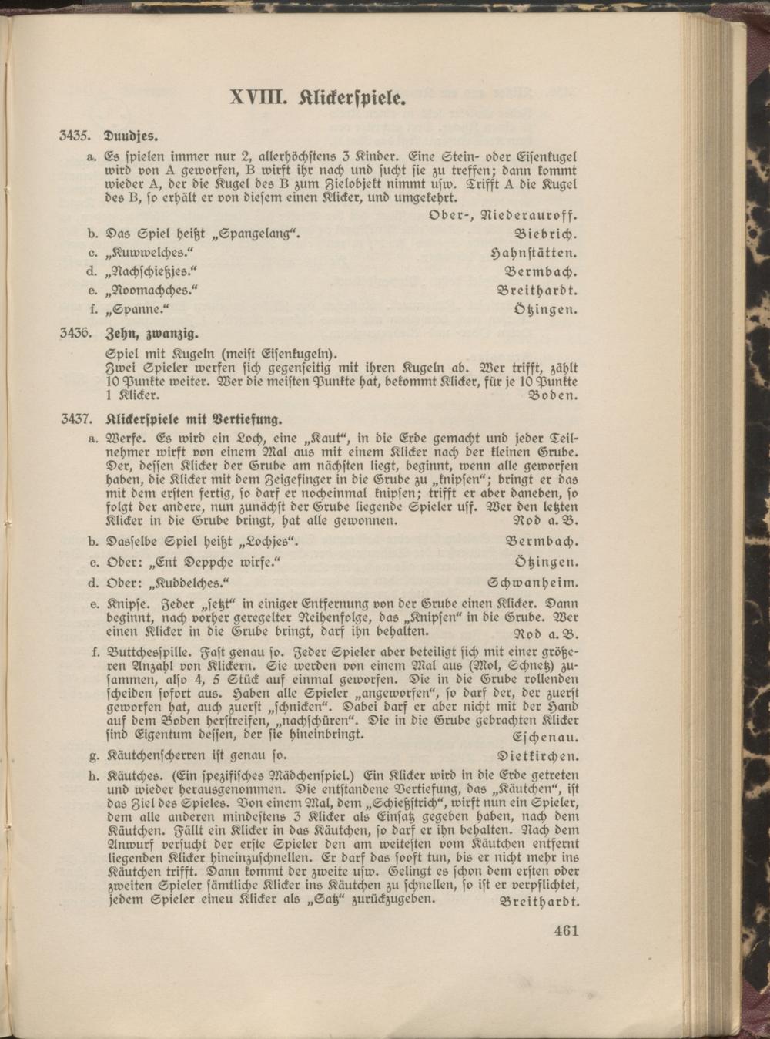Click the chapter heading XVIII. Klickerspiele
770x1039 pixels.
[317, 99]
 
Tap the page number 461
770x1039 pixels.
[565, 930]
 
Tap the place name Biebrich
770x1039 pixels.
[546, 233]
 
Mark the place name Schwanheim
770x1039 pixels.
[533, 582]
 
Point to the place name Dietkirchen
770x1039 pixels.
[538, 756]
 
